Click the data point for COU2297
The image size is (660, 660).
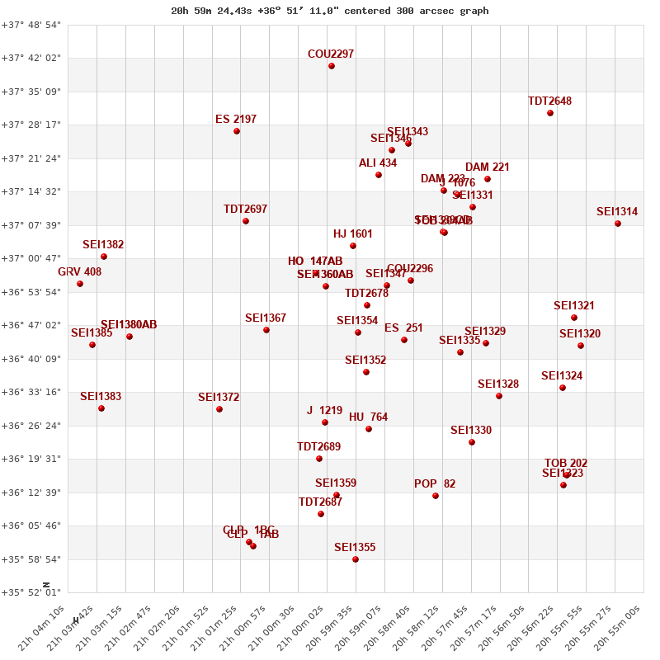(x=332, y=66)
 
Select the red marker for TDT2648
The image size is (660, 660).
(x=550, y=113)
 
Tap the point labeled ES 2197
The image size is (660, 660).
(x=237, y=131)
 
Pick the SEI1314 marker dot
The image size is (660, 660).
(x=618, y=224)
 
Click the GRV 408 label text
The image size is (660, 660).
(x=80, y=272)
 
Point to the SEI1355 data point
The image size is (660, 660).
(x=356, y=559)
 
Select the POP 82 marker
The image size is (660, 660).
(x=436, y=496)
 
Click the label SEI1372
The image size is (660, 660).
(x=219, y=398)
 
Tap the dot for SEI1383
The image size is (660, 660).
(x=101, y=408)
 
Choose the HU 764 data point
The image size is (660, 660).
(x=369, y=429)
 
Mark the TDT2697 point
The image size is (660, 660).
(x=246, y=221)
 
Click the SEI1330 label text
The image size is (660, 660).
(x=471, y=431)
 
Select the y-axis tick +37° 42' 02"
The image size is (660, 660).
(x=31, y=59)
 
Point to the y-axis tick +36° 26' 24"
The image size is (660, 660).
(x=31, y=426)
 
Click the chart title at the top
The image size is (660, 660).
(x=330, y=11)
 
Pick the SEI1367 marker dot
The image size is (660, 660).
(x=266, y=330)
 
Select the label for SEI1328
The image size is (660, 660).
(x=498, y=384)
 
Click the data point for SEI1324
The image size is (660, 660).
(x=563, y=388)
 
